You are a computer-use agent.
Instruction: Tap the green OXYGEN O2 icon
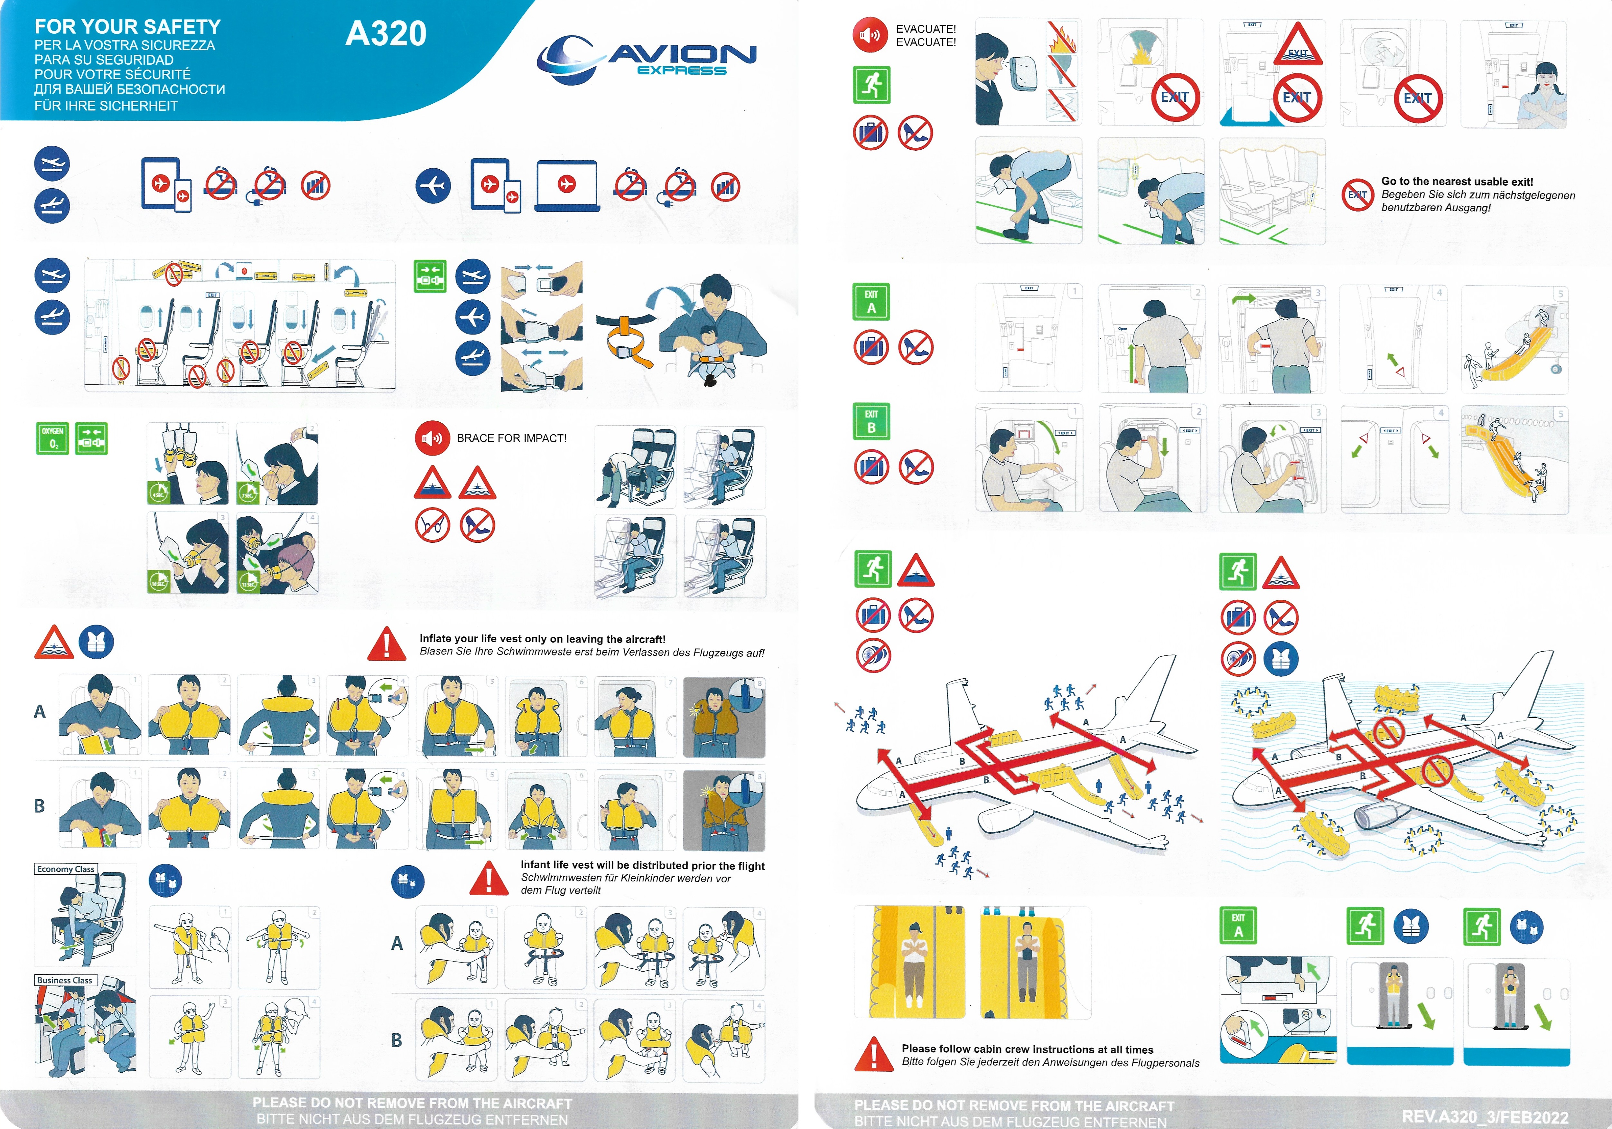pyautogui.click(x=52, y=438)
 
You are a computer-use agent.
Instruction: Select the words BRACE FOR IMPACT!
pyautogui.click(x=511, y=438)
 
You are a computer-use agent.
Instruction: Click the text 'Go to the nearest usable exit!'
pyautogui.click(x=1457, y=182)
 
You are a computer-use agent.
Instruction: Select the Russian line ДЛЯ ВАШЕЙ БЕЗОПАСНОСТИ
pyautogui.click(x=130, y=89)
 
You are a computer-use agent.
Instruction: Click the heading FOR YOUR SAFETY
pyautogui.click(x=128, y=27)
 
